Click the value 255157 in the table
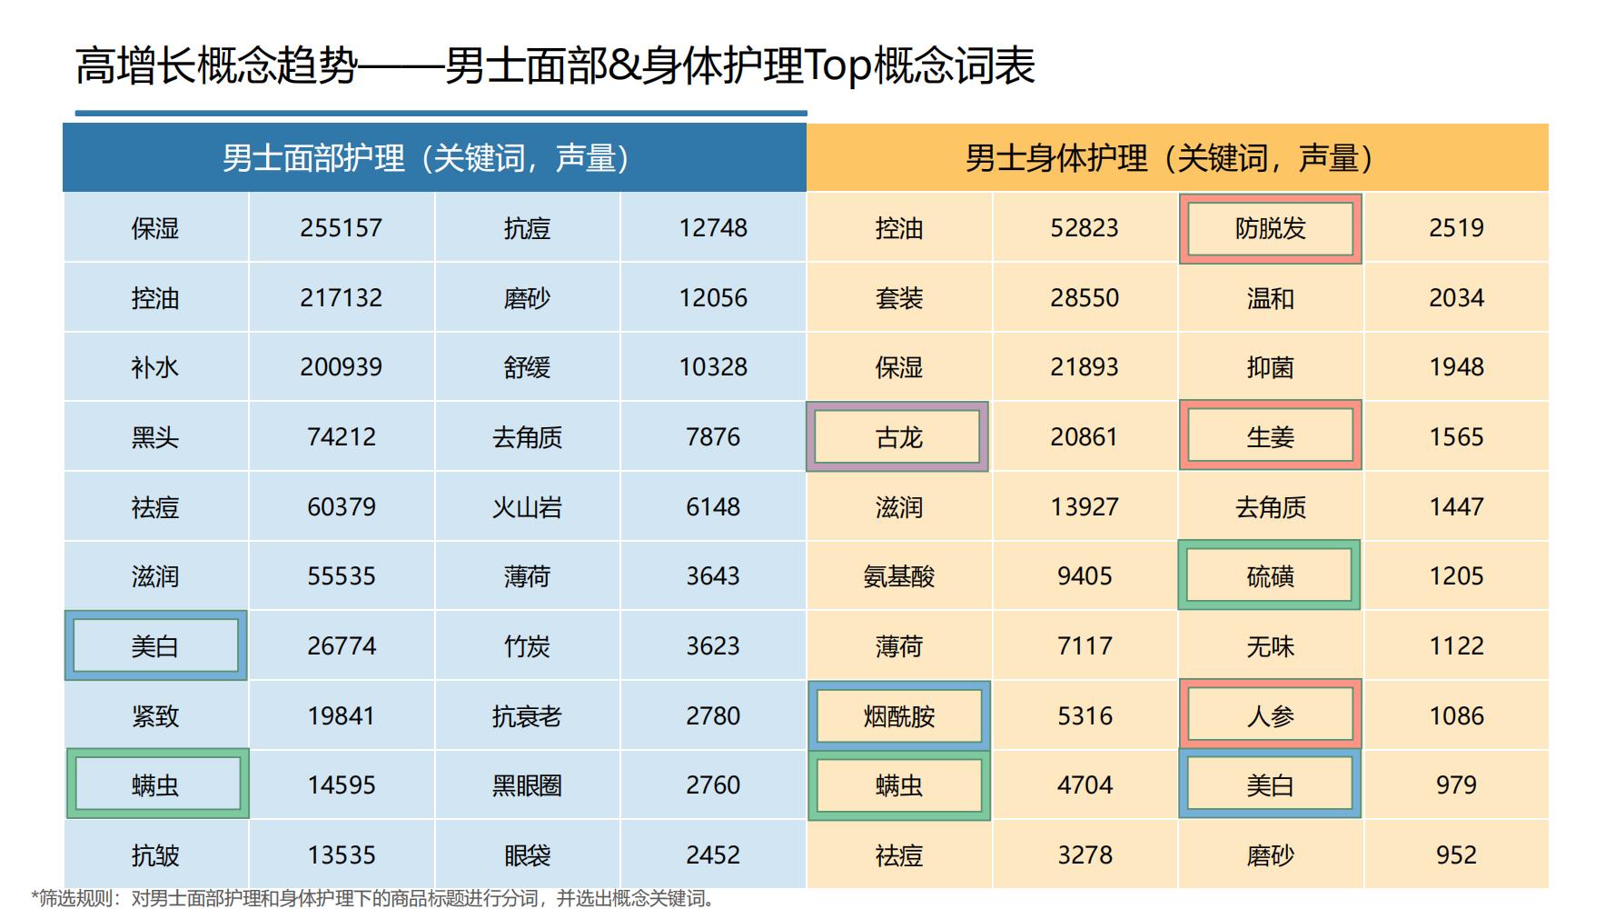pos(341,228)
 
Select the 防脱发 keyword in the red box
pos(1270,228)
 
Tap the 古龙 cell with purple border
pos(898,437)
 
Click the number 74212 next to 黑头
pos(341,437)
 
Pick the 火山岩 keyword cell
pos(527,507)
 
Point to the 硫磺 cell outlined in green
pos(1270,576)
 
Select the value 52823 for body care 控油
pos(1084,228)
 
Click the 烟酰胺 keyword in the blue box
pos(898,716)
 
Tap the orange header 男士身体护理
pos(1176,158)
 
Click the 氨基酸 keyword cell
pos(898,576)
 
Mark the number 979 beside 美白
pos(1456,785)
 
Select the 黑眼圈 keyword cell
pos(527,785)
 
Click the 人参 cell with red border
pos(1270,716)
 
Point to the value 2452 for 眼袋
pos(713,855)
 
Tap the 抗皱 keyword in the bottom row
pos(155,855)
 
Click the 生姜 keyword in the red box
pos(1270,437)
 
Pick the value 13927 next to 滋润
pos(1084,507)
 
